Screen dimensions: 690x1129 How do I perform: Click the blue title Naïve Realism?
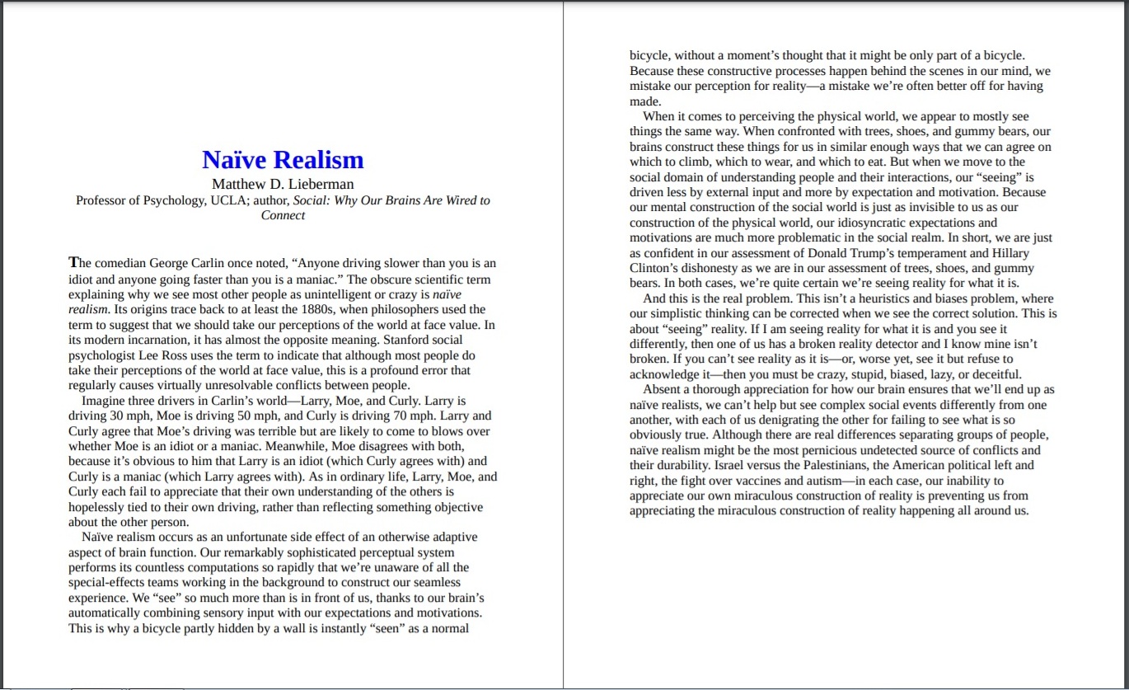point(283,159)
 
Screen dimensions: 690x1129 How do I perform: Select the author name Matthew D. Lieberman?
point(283,184)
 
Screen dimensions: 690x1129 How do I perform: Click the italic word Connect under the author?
point(283,215)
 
